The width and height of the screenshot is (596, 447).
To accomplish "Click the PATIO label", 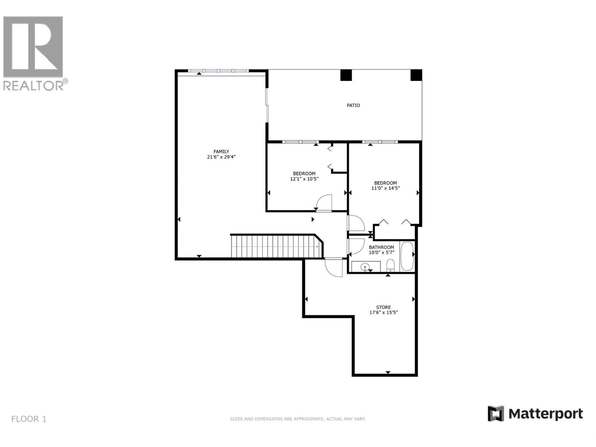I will point(353,105).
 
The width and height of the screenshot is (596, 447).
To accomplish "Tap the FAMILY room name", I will point(221,151).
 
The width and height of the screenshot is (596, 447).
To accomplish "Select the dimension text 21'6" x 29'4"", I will point(221,157).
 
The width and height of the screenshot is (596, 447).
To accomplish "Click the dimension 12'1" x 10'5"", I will point(304,179).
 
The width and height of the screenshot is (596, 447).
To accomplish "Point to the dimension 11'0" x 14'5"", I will point(386,188).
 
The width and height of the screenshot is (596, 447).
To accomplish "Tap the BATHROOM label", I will point(381,247).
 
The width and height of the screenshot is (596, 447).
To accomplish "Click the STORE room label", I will point(383,307).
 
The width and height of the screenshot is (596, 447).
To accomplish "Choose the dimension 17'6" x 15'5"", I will point(383,313).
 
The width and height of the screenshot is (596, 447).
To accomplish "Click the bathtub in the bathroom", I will point(406,257).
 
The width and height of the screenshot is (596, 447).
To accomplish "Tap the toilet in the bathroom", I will point(390,265).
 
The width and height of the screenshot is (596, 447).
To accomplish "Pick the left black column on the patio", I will point(346,75).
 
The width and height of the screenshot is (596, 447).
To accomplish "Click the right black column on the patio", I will point(416,75).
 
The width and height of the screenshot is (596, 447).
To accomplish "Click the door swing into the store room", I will point(333,267).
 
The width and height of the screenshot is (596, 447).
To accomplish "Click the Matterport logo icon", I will point(496,413).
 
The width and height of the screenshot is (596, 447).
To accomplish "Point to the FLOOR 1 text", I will point(29,419).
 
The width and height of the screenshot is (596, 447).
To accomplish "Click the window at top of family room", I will point(218,71).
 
